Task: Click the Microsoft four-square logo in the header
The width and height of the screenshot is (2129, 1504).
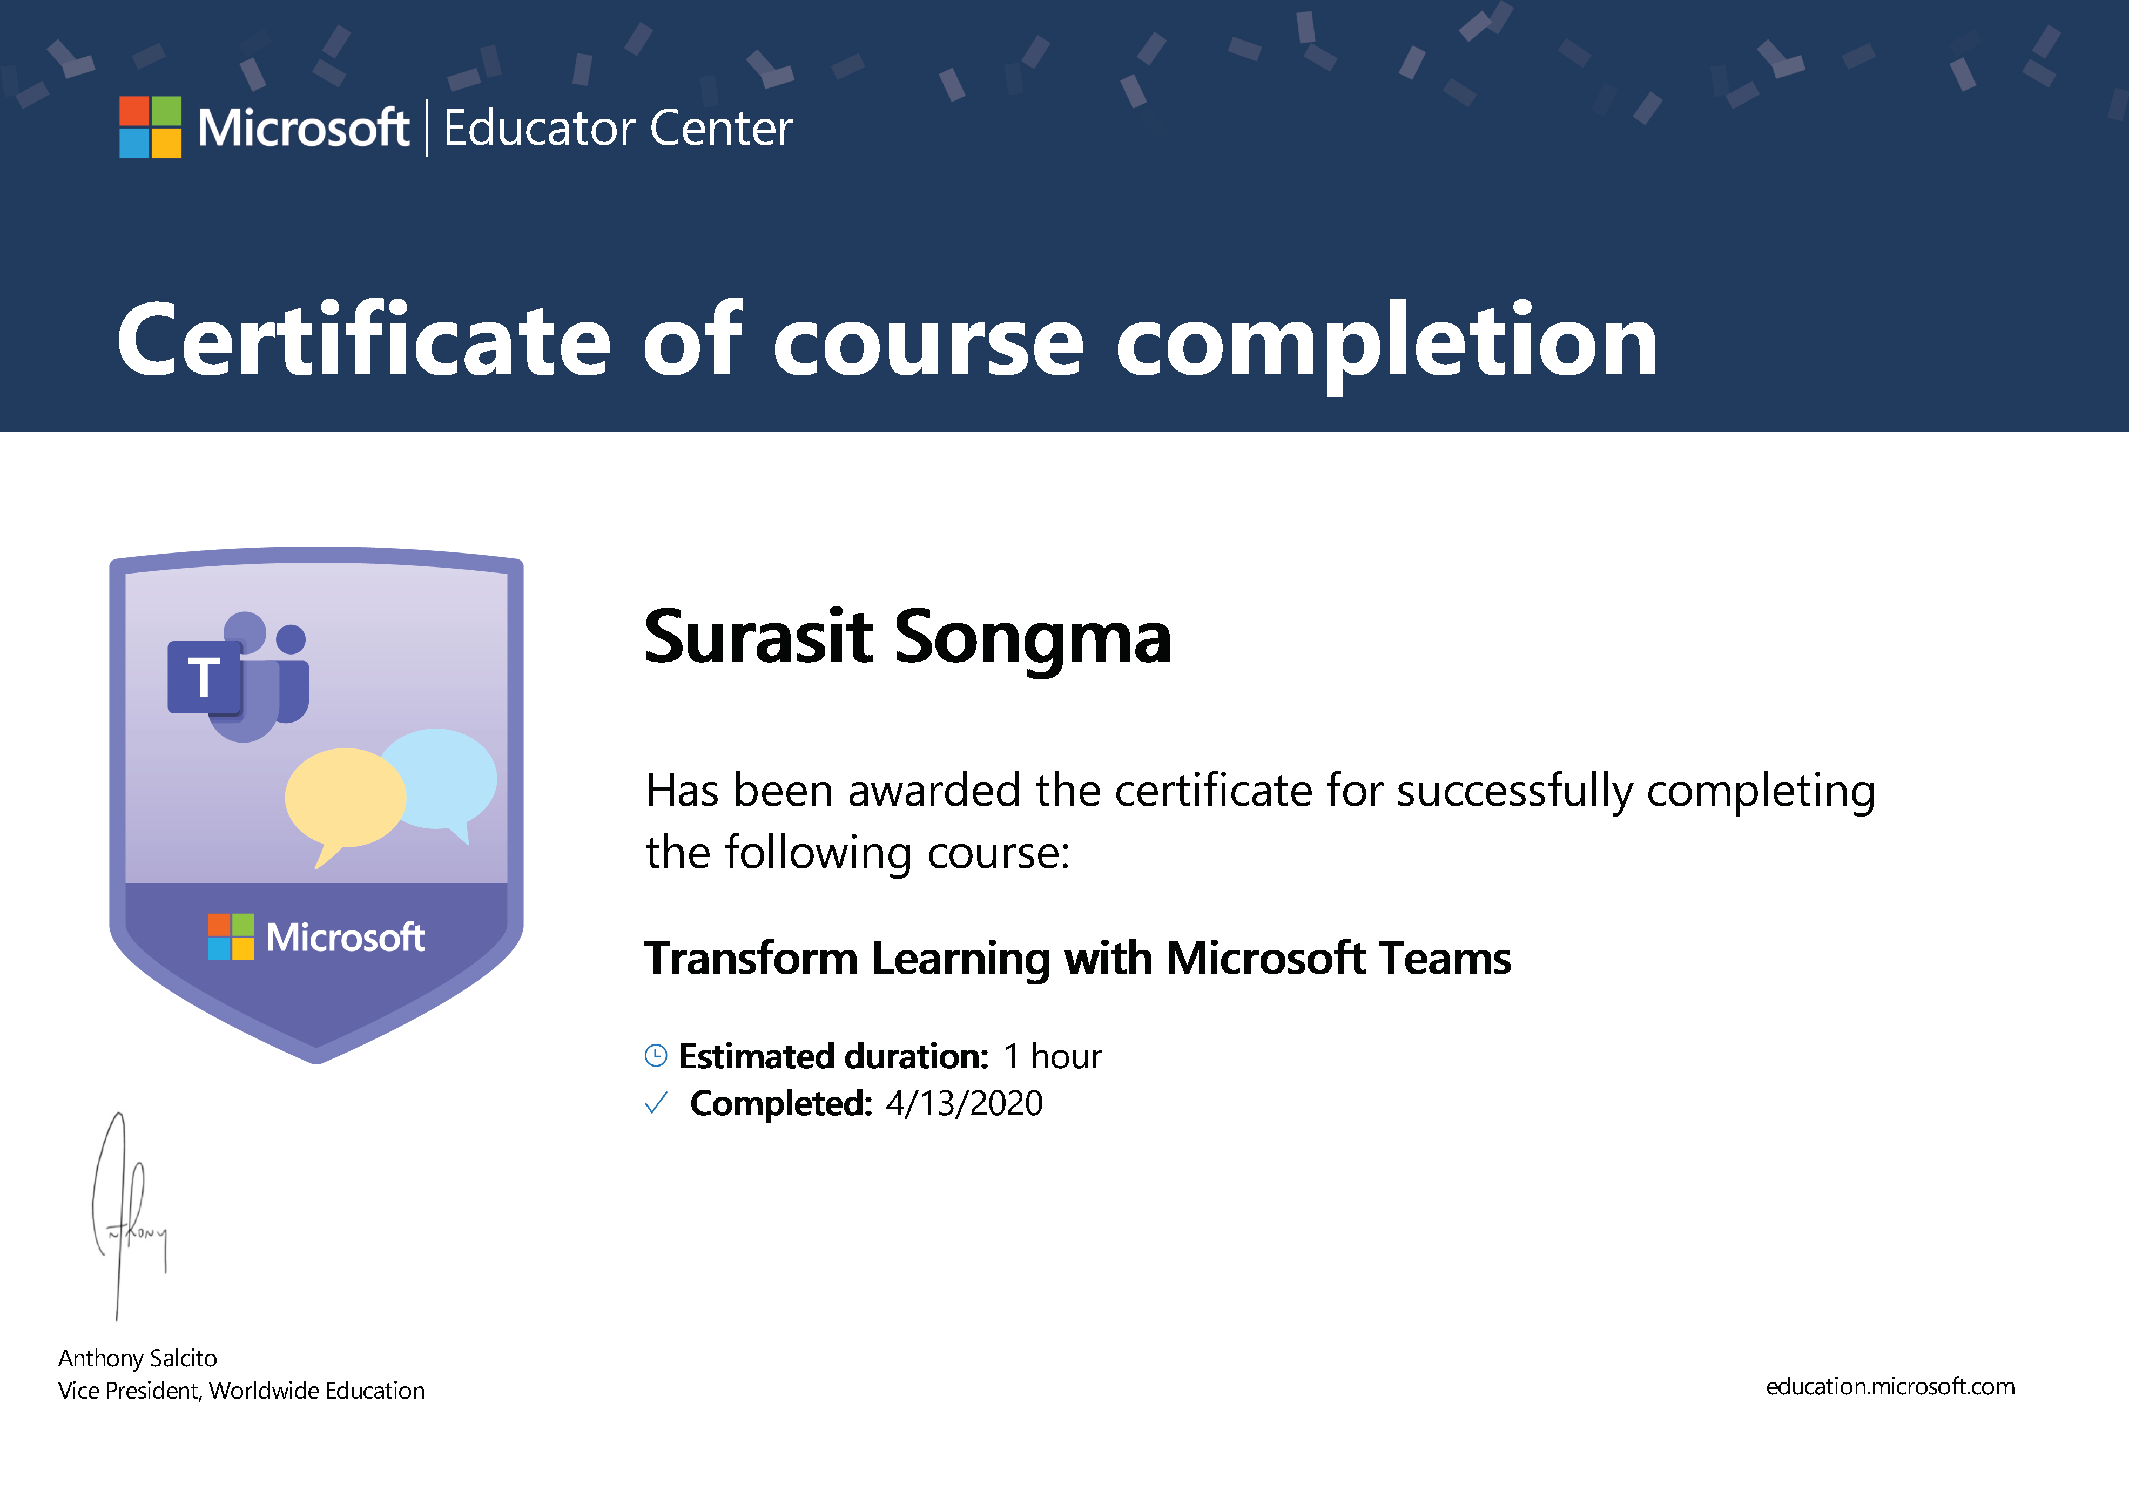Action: [x=150, y=127]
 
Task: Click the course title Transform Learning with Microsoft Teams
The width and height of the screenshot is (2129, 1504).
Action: [x=1077, y=959]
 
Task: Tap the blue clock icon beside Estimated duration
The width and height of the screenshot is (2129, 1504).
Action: [x=656, y=1055]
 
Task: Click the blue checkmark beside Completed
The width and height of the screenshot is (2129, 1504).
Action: [x=656, y=1103]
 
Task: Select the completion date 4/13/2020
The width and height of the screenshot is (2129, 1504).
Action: [x=965, y=1103]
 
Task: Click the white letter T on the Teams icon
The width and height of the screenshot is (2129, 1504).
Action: [x=204, y=677]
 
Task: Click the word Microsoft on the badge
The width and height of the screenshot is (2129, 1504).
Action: [x=345, y=938]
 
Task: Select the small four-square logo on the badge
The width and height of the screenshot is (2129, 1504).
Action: [x=231, y=936]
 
